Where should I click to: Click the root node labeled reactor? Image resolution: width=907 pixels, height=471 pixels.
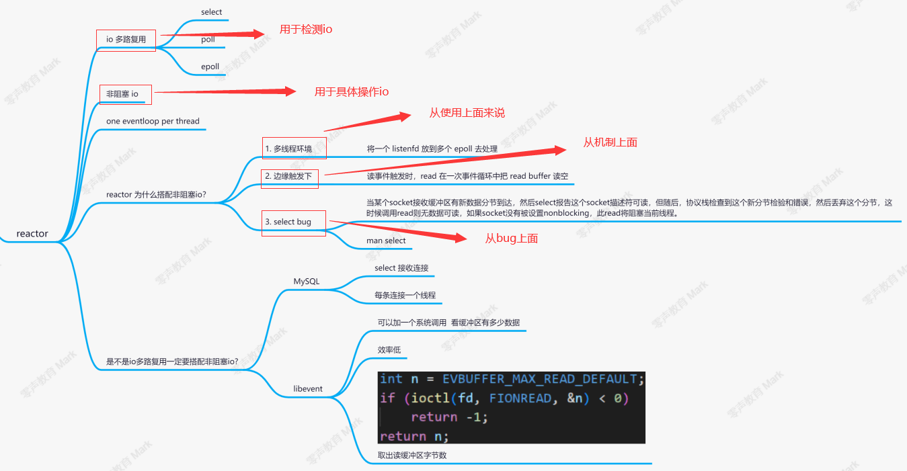click(x=32, y=234)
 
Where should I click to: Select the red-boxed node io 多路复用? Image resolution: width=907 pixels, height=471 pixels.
click(x=126, y=40)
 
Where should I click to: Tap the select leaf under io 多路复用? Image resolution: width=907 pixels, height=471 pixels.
click(x=211, y=12)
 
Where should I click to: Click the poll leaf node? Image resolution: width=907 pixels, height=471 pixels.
click(x=208, y=40)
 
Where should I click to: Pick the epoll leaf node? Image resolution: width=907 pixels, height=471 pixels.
click(x=210, y=67)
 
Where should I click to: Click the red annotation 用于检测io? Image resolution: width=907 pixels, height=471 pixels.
click(x=306, y=30)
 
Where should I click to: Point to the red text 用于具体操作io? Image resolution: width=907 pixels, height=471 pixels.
click(x=351, y=92)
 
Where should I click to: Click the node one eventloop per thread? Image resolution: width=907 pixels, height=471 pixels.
click(x=153, y=122)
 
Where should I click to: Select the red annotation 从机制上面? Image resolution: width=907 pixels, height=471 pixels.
click(x=610, y=142)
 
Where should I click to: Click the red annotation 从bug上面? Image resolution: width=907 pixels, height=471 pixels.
click(x=511, y=239)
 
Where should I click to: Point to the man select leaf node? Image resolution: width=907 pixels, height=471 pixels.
click(x=386, y=241)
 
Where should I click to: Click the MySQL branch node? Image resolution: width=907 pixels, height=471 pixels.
click(x=307, y=282)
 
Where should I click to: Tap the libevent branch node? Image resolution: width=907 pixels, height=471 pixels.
click(x=308, y=389)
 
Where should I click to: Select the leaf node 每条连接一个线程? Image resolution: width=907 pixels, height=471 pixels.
click(x=405, y=295)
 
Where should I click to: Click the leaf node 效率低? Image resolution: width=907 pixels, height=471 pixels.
click(x=389, y=349)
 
